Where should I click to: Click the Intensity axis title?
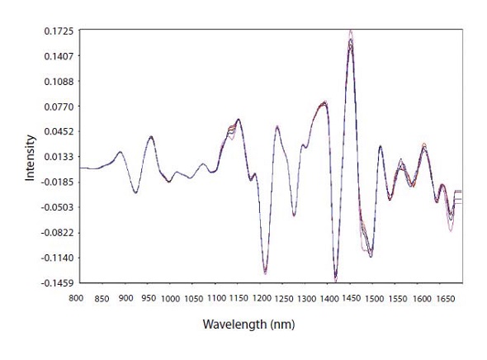pyautogui.click(x=31, y=157)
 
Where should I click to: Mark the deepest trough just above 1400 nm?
pyautogui.click(x=335, y=277)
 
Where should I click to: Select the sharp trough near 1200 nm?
pyautogui.click(x=265, y=271)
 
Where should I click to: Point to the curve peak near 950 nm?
pyautogui.click(x=151, y=137)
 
